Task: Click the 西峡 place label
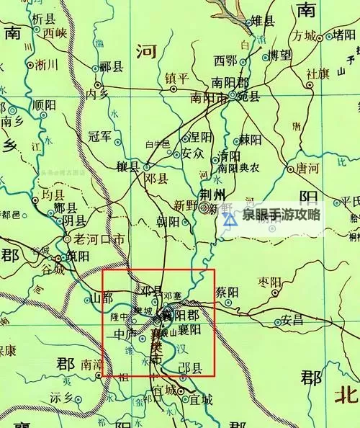54,32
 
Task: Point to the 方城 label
305,36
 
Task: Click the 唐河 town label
302,168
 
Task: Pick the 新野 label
186,205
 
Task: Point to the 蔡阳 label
227,293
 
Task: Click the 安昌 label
292,320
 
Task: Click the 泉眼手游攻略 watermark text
282,215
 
